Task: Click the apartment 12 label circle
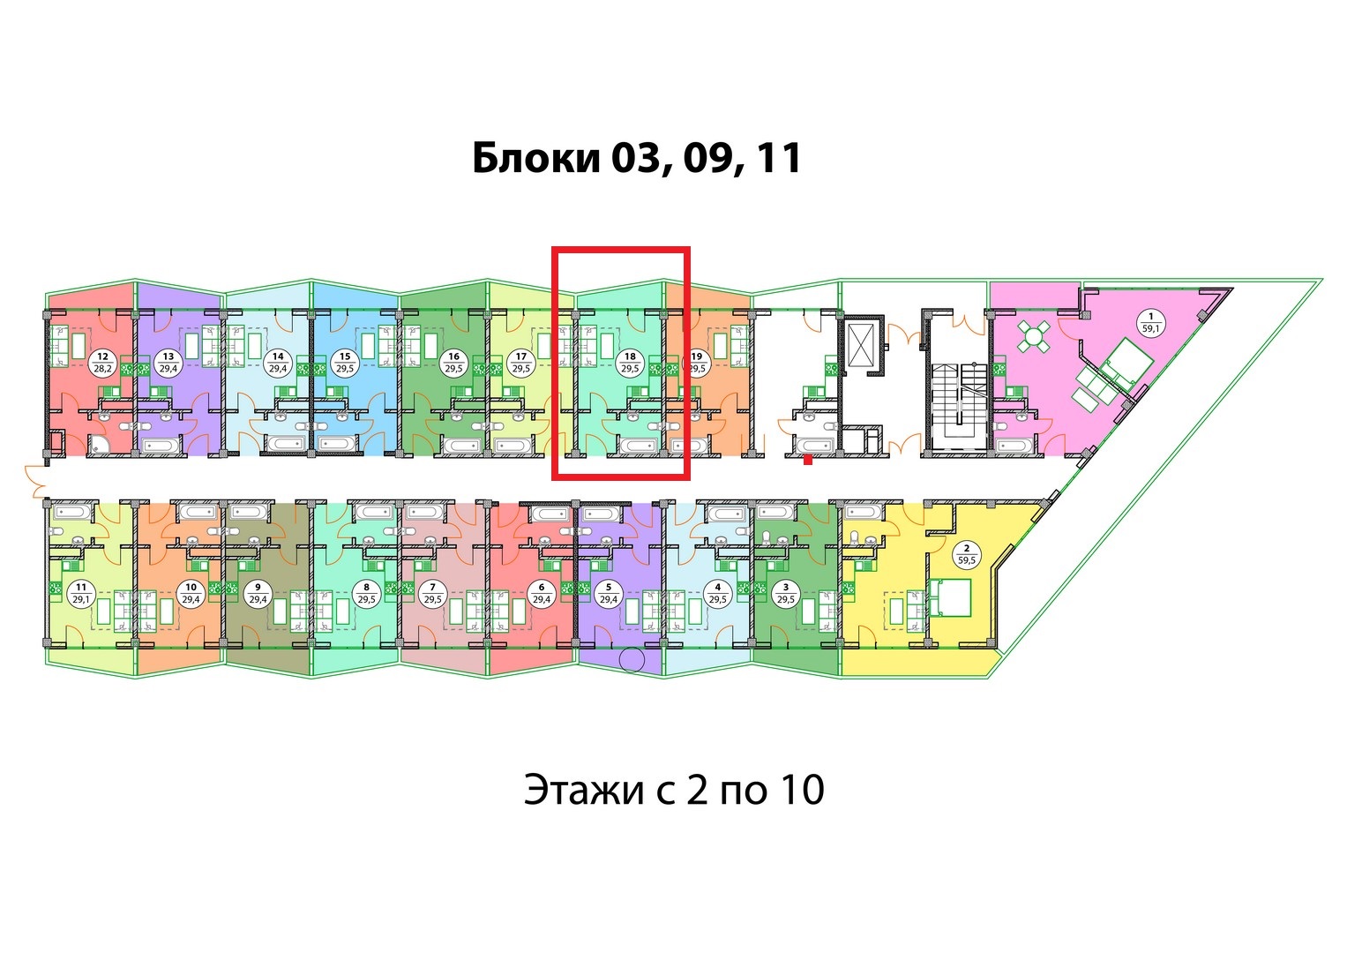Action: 103,364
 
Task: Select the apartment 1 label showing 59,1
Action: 1151,322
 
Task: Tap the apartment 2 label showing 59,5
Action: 967,553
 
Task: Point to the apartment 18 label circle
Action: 630,364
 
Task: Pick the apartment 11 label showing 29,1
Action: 81,593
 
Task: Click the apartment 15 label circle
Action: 345,364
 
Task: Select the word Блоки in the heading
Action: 536,158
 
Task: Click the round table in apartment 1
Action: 1033,336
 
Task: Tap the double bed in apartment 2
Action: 949,597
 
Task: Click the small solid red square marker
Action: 808,461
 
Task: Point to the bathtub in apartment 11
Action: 72,513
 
